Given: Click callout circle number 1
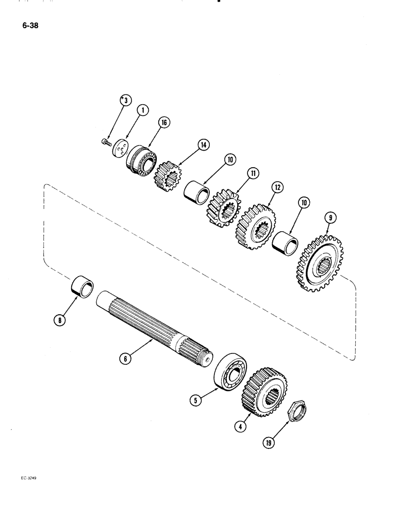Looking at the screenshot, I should point(142,110).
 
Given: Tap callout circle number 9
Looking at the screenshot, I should point(330,218).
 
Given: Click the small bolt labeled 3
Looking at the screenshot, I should point(106,140).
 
